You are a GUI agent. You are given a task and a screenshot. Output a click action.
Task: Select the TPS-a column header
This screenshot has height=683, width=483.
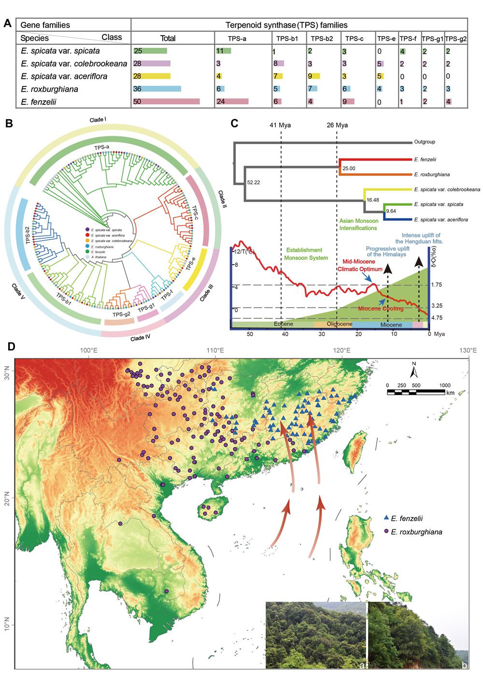click(237, 39)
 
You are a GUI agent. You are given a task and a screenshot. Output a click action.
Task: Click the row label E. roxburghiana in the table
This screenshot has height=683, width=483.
click(49, 89)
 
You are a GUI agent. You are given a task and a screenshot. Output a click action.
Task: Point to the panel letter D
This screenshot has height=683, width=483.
click(11, 346)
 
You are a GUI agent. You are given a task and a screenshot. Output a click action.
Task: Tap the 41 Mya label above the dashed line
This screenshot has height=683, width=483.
click(281, 125)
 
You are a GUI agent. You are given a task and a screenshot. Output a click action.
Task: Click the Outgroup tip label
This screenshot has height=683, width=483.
click(425, 142)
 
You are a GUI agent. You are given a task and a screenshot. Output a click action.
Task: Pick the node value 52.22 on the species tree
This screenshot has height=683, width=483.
click(253, 183)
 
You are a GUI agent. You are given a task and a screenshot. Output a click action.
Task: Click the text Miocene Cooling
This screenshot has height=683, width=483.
click(381, 309)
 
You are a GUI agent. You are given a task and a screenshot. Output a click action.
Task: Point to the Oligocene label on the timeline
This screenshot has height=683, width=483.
click(339, 324)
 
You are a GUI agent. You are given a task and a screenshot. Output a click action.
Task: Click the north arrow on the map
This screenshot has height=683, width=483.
click(413, 370)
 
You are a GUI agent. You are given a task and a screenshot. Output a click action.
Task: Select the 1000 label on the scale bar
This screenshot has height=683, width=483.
click(444, 385)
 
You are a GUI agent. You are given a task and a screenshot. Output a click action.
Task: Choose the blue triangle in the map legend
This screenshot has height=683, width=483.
click(386, 517)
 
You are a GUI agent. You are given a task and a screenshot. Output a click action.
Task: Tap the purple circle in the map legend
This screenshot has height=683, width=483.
click(386, 531)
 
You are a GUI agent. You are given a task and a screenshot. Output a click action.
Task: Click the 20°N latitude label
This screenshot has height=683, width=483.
click(8, 498)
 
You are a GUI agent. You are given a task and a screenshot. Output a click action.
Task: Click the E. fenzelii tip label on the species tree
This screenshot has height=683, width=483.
click(425, 159)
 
